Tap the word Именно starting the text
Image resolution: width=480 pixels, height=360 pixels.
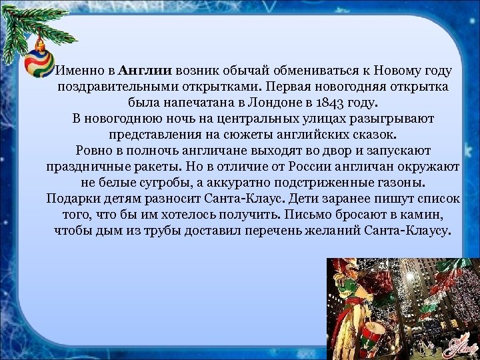tap(79, 71)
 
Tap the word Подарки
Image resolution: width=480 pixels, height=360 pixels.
tap(73, 199)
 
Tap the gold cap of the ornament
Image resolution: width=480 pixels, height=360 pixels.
tap(40, 46)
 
